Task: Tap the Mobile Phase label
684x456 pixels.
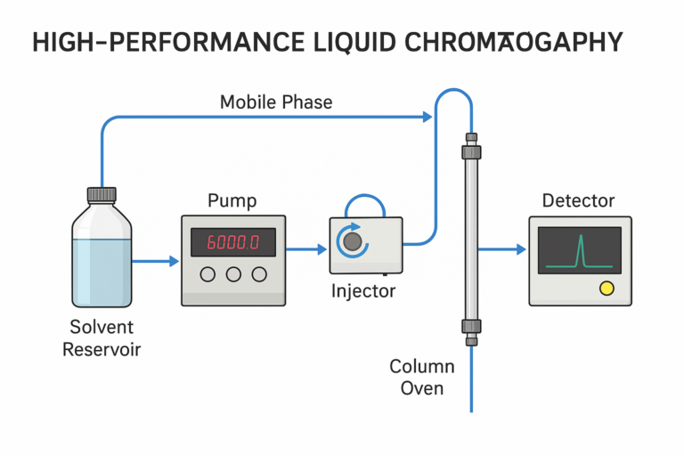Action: pyautogui.click(x=276, y=102)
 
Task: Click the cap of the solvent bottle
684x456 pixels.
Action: pyautogui.click(x=101, y=194)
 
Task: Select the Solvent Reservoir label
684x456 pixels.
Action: pyautogui.click(x=101, y=338)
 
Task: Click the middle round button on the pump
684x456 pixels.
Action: pyautogui.click(x=233, y=274)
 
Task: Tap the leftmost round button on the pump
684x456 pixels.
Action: pyautogui.click(x=208, y=274)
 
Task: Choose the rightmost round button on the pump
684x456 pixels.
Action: pyautogui.click(x=259, y=274)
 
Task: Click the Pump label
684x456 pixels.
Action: pyautogui.click(x=232, y=200)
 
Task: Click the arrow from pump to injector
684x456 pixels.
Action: pyautogui.click(x=306, y=250)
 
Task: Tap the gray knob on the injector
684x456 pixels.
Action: pyautogui.click(x=354, y=241)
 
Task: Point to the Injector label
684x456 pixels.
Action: pyautogui.click(x=362, y=290)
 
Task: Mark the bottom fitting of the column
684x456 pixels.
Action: pyautogui.click(x=470, y=330)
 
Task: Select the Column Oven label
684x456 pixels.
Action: pyautogui.click(x=422, y=377)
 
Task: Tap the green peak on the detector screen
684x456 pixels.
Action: pyautogui.click(x=580, y=252)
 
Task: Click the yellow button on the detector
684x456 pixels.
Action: pyautogui.click(x=607, y=288)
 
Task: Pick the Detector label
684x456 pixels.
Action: pyautogui.click(x=578, y=201)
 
